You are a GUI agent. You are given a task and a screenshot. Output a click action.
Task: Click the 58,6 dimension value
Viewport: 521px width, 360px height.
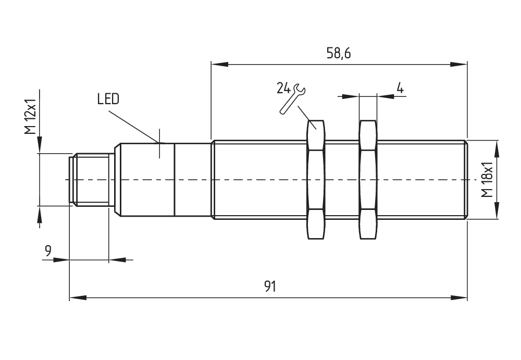pyautogui.click(x=338, y=53)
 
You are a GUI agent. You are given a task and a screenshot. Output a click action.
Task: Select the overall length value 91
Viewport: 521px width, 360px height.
pyautogui.click(x=269, y=287)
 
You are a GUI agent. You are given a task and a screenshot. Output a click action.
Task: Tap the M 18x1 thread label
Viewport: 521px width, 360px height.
pyautogui.click(x=486, y=180)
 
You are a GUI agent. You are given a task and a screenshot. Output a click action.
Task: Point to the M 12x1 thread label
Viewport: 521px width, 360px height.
pyautogui.click(x=31, y=116)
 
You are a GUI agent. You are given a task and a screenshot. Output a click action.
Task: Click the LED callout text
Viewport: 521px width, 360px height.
pyautogui.click(x=108, y=99)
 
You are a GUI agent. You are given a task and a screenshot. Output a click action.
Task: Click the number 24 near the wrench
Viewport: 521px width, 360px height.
pyautogui.click(x=283, y=88)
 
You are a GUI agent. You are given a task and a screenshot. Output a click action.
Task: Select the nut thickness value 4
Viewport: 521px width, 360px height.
pyautogui.click(x=400, y=88)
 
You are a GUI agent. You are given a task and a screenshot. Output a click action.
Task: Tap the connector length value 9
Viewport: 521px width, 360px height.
pyautogui.click(x=48, y=251)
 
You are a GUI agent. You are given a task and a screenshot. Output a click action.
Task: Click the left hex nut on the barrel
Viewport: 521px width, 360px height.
pyautogui.click(x=316, y=180)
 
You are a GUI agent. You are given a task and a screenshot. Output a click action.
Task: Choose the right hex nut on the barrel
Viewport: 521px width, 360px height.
pyautogui.click(x=368, y=180)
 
